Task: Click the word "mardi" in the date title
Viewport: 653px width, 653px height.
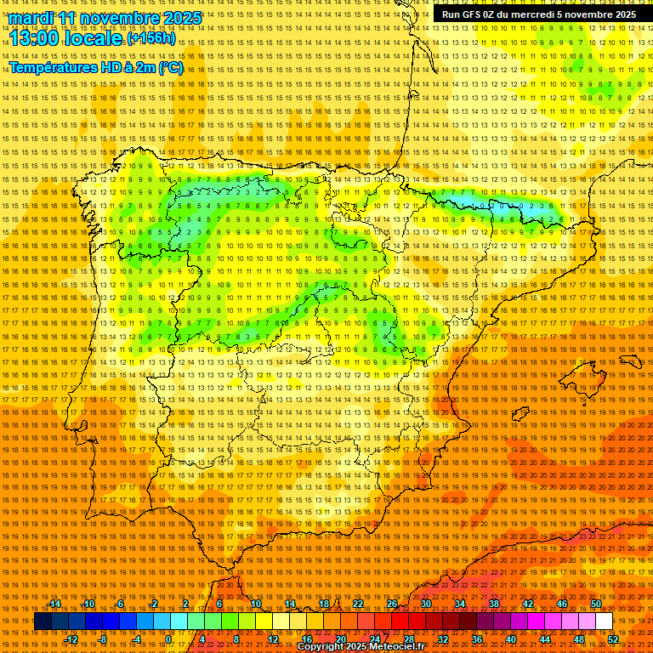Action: pyautogui.click(x=31, y=18)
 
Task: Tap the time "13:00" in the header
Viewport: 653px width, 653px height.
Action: pyautogui.click(x=37, y=38)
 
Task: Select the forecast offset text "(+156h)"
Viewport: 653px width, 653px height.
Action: pyautogui.click(x=151, y=38)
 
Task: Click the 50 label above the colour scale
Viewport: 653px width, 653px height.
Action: pyautogui.click(x=596, y=605)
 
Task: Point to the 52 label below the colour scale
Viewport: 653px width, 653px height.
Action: pyautogui.click(x=613, y=639)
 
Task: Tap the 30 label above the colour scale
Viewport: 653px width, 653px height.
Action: pyautogui.click(x=425, y=605)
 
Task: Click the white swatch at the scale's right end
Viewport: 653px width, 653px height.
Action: pyautogui.click(x=604, y=622)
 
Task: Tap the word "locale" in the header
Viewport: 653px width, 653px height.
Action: pyautogui.click(x=97, y=38)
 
